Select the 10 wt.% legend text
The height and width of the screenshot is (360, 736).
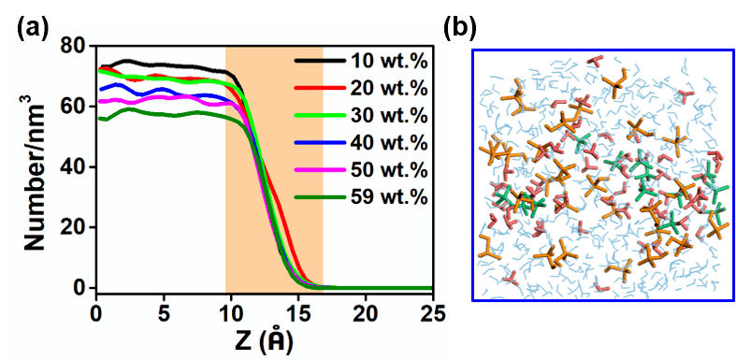point(389,62)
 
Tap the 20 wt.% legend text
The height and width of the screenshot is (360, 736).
point(389,89)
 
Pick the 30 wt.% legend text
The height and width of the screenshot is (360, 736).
point(389,116)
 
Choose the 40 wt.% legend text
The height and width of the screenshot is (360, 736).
point(389,143)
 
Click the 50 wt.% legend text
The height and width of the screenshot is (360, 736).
point(389,170)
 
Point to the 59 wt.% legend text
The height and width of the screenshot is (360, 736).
point(389,197)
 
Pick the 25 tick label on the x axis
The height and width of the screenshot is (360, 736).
point(432,314)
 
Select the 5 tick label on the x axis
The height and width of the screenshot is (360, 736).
point(164,314)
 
